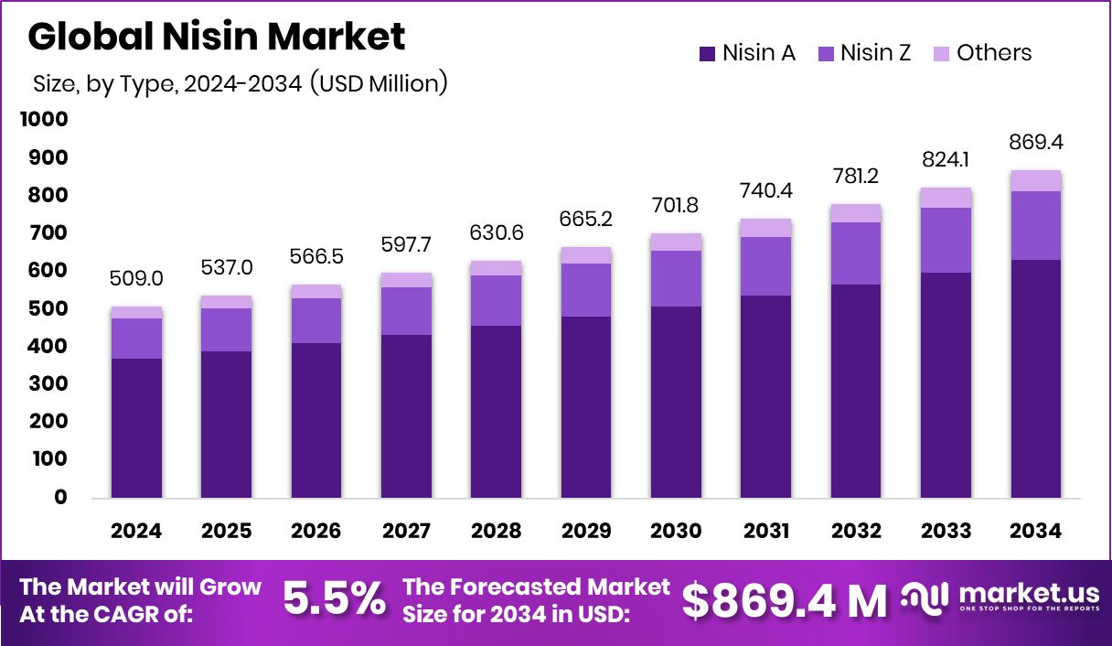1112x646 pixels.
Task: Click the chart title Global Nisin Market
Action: coord(217,37)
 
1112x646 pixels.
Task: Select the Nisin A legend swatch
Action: coord(707,54)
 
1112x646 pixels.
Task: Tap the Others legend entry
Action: coord(984,53)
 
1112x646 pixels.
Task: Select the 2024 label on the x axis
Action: coord(136,532)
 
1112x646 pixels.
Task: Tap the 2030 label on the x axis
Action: coord(676,532)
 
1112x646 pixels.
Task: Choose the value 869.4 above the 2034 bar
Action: coord(1036,144)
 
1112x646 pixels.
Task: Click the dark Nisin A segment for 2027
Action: coord(406,416)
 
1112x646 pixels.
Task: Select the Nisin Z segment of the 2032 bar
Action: coord(856,253)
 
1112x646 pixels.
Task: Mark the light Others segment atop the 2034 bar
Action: coord(1036,181)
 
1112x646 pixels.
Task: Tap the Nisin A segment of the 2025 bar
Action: coord(227,425)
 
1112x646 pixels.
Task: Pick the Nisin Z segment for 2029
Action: coord(586,290)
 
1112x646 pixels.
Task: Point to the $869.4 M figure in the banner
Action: coord(785,600)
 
